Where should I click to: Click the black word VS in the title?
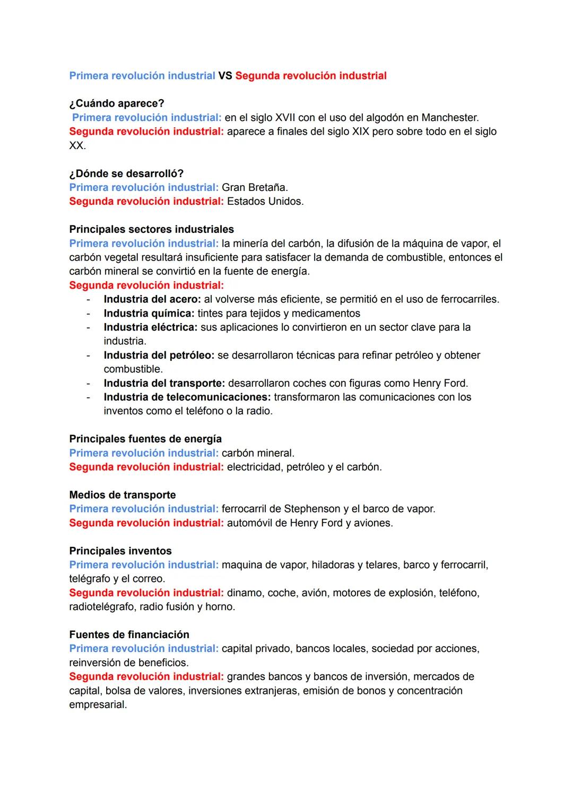point(225,76)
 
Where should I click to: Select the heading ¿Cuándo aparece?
point(117,103)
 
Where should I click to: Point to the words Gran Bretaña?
point(254,187)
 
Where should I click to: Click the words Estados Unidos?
point(265,202)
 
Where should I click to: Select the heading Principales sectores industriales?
point(151,229)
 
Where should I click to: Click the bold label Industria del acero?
point(152,299)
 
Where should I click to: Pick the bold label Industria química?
point(149,314)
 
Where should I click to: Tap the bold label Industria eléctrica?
point(150,327)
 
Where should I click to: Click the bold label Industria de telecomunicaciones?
point(187,397)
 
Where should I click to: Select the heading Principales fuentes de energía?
point(145,439)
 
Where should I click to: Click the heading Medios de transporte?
point(123,495)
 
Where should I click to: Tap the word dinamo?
point(244,593)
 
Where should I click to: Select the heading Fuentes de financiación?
point(129,634)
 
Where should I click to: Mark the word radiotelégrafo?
point(101,607)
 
